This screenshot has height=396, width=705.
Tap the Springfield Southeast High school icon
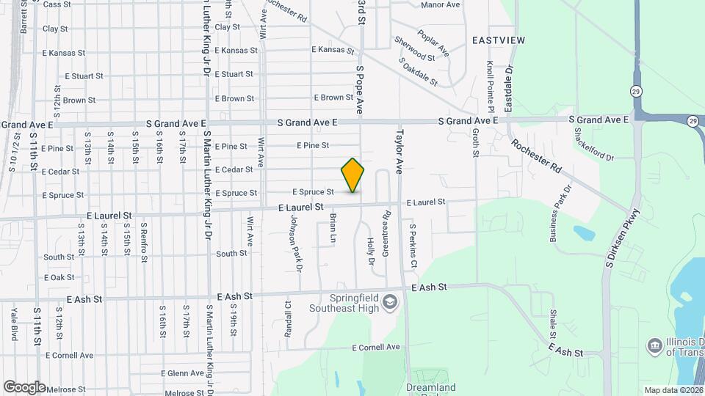pos(391,301)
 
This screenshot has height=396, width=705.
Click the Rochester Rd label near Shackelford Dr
pos(537,156)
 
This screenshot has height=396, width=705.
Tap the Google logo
pos(24,386)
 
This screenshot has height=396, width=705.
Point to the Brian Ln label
pos(332,229)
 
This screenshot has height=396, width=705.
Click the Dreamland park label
pos(430,388)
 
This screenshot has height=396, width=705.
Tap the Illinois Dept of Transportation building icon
pos(654,345)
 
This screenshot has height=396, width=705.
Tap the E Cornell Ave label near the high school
pos(376,347)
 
